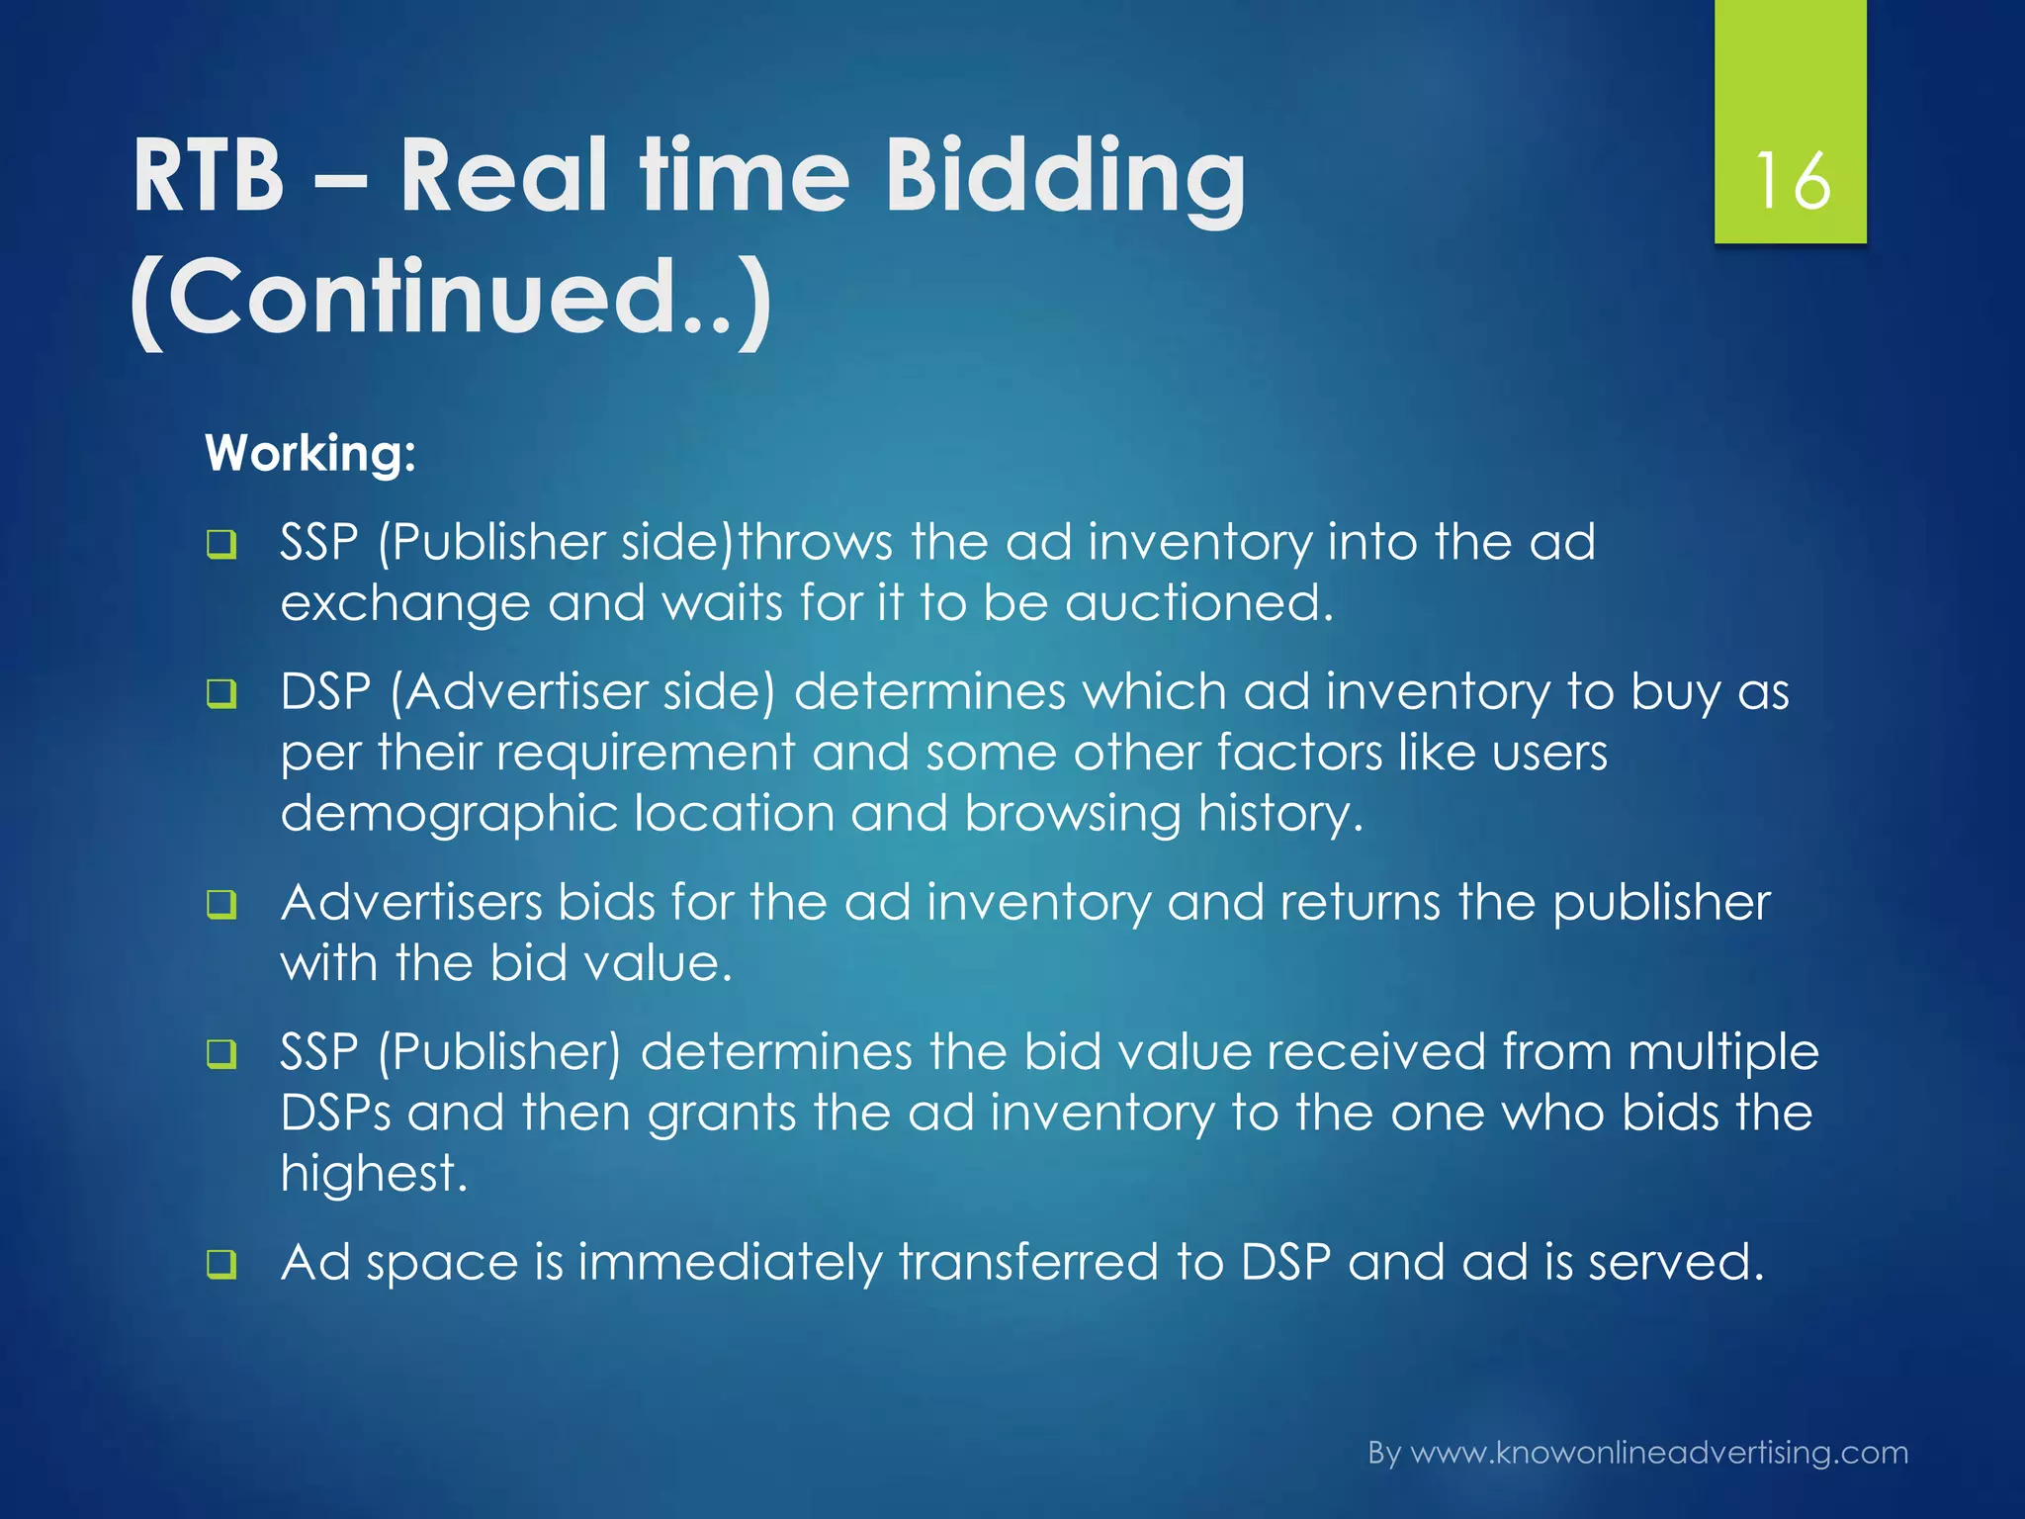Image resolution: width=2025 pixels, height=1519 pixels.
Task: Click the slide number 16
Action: tap(1791, 180)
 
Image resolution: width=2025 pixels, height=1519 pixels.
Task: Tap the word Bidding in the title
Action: tap(1065, 178)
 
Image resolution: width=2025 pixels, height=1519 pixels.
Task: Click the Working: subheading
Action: tap(310, 454)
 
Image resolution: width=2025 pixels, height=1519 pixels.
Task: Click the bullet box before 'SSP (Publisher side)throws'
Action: tap(221, 545)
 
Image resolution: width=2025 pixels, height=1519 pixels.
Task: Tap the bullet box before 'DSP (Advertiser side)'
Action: tap(221, 693)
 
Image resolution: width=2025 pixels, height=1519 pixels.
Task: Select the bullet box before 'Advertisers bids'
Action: tap(221, 904)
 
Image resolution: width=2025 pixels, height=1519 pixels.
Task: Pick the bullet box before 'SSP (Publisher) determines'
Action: tap(221, 1053)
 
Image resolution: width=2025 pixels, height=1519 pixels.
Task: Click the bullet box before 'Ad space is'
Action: tap(221, 1264)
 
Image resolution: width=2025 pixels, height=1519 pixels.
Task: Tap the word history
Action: tap(1279, 815)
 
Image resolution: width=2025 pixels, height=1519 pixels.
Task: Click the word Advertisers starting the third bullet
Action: tap(410, 903)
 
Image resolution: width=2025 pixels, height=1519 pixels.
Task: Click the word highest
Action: tap(373, 1174)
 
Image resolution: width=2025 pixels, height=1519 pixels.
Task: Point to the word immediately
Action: tap(730, 1264)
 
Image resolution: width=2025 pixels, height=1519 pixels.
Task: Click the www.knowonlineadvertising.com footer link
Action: tap(1658, 1453)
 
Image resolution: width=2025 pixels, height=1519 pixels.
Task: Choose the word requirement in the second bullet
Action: tap(645, 754)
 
